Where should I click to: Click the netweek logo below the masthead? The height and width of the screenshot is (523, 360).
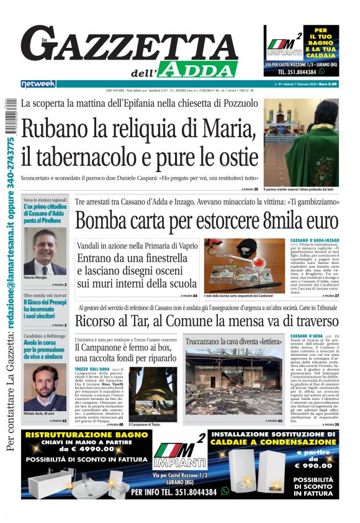pos(38,83)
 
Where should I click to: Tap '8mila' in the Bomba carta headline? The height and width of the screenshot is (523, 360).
pos(271,221)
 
